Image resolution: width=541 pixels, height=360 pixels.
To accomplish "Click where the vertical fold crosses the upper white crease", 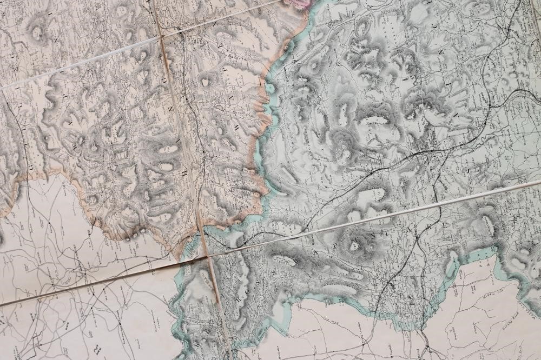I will pyautogui.click(x=160, y=37).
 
